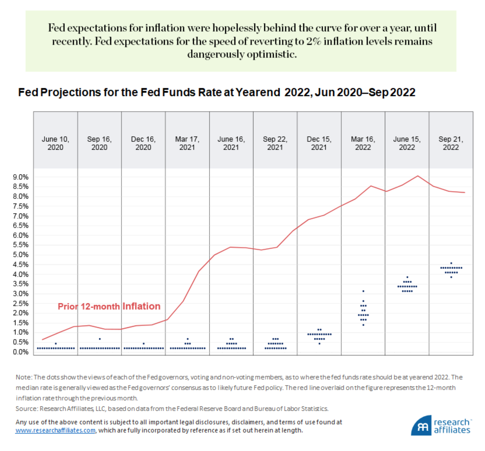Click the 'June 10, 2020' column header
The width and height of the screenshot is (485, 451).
pos(55,143)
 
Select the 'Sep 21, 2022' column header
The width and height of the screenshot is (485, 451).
pos(451,143)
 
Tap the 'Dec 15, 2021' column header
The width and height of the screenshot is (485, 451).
pos(319,143)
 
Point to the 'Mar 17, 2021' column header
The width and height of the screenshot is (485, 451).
pos(187,143)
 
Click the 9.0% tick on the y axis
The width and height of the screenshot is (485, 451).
pos(21,177)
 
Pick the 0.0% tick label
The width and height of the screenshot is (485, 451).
pos(21,352)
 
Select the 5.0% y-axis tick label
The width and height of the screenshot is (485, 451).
pos(21,255)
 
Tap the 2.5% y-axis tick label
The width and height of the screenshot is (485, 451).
pos(21,303)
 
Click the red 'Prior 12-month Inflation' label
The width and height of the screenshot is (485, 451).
pos(109,306)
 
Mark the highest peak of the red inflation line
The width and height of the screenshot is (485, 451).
pos(418,176)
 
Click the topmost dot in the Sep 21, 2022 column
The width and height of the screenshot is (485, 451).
pos(451,263)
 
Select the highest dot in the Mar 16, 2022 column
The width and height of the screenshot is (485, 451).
pos(363,291)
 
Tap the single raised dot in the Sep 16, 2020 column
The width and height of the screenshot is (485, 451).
pos(100,339)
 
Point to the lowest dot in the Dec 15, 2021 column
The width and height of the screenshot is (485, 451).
pos(319,344)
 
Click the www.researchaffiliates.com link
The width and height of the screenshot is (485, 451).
pos(55,430)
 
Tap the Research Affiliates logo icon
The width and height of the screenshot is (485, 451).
pos(422,427)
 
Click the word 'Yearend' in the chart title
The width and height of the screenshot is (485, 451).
pos(258,92)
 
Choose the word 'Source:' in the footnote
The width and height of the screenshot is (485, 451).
pos(27,409)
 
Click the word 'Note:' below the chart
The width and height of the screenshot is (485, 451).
pos(24,377)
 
